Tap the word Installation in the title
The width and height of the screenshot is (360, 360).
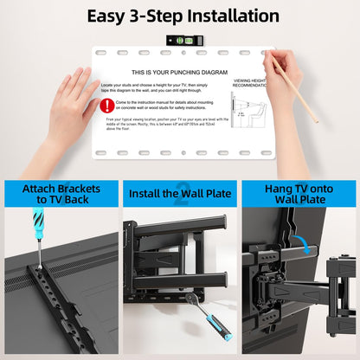click(x=229, y=16)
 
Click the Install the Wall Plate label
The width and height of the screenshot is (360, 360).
click(x=180, y=193)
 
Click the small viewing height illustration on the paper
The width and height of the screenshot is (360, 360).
click(x=251, y=112)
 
